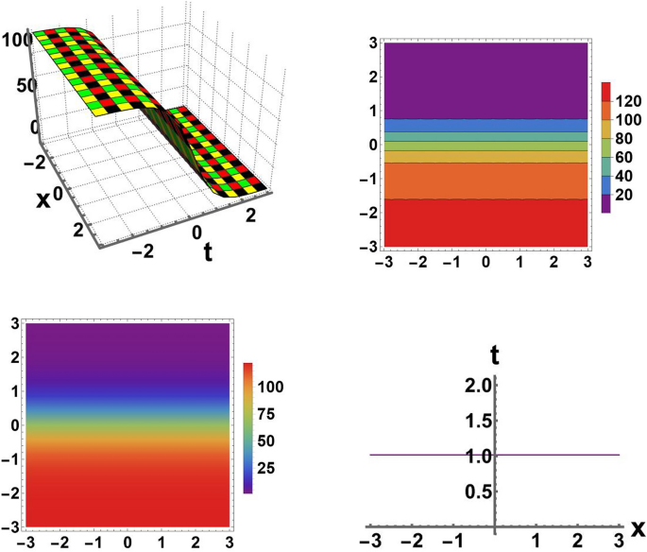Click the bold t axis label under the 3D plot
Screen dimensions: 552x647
click(206, 252)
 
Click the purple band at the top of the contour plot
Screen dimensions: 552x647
click(483, 79)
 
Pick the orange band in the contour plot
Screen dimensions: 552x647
click(483, 181)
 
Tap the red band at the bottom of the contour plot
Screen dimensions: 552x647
click(483, 223)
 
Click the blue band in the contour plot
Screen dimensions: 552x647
click(483, 125)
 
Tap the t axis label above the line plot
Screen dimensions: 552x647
click(494, 357)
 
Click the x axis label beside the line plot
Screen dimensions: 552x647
click(638, 526)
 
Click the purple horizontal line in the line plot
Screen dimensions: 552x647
click(557, 455)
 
